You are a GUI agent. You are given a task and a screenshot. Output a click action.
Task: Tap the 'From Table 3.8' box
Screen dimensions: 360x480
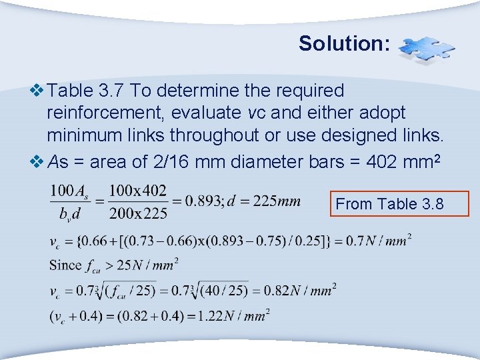(399, 204)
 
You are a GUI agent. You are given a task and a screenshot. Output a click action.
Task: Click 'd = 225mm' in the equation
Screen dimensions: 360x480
(264, 200)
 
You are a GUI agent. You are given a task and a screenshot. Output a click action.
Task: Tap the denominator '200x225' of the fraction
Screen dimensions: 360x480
(137, 213)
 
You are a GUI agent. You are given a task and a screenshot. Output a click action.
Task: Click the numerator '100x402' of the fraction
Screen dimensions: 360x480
(137, 190)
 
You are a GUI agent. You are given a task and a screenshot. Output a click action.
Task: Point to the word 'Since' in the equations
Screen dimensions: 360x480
(65, 265)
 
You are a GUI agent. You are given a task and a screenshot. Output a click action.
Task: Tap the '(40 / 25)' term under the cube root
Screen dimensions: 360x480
(231, 290)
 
